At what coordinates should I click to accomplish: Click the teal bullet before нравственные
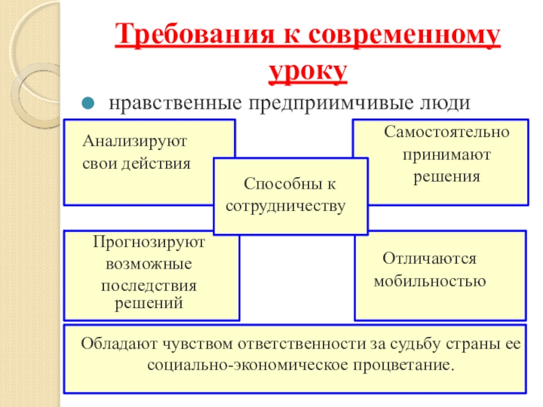point(88,104)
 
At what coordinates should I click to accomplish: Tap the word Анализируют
point(134,142)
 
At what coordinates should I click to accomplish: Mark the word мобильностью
point(430,281)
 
